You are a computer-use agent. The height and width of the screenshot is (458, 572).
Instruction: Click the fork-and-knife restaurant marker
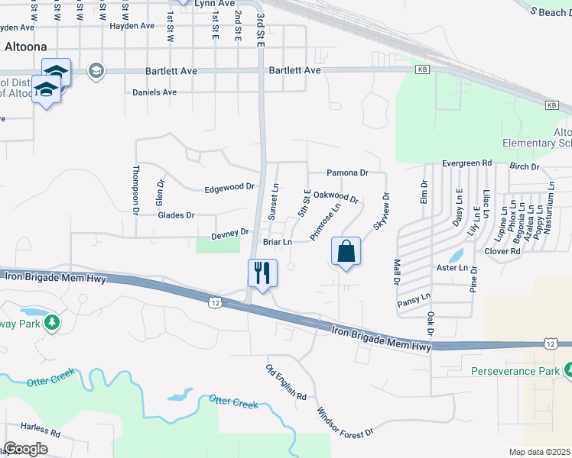coord(262,273)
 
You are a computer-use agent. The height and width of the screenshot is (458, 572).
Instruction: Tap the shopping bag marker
coord(346,251)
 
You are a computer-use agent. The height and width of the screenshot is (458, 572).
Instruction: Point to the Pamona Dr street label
coord(348,173)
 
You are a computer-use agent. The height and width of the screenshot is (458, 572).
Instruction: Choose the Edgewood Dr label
coord(229,188)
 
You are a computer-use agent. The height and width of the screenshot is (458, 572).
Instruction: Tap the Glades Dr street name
coord(176,215)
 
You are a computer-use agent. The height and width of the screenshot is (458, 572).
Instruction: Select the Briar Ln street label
coord(278,242)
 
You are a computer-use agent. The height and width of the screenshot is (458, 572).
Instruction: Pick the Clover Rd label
coord(502,250)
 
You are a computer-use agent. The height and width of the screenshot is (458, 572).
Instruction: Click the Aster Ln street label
coord(452,268)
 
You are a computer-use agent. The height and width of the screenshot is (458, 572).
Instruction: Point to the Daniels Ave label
coord(154,92)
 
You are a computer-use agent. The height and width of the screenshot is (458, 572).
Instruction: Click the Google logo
coord(25,448)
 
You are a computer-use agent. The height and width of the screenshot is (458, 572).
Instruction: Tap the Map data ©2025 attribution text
coord(538,452)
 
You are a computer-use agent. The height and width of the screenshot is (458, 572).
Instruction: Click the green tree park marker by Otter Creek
coord(52,322)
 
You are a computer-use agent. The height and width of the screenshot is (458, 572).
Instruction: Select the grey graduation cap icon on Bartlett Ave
coord(96,71)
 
